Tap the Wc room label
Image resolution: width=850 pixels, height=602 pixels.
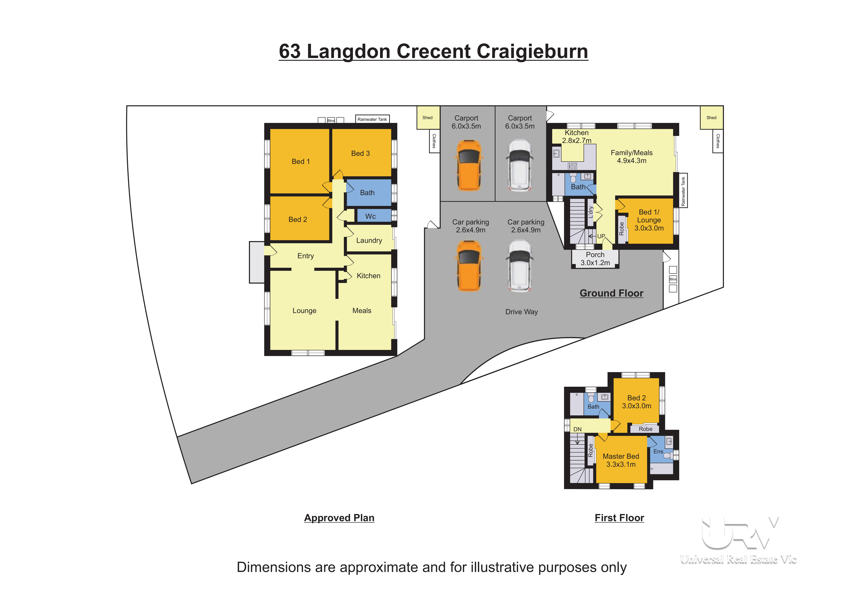(370, 216)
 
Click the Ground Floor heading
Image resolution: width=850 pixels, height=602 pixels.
(611, 293)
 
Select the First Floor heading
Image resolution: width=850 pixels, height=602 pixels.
(619, 518)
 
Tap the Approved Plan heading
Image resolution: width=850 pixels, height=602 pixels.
(339, 518)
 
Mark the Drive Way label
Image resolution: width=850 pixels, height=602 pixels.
(521, 312)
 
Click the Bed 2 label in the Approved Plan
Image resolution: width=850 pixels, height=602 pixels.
(298, 219)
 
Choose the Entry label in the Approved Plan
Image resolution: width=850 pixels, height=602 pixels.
(305, 256)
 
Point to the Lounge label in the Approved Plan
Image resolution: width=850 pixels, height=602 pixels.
(304, 311)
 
